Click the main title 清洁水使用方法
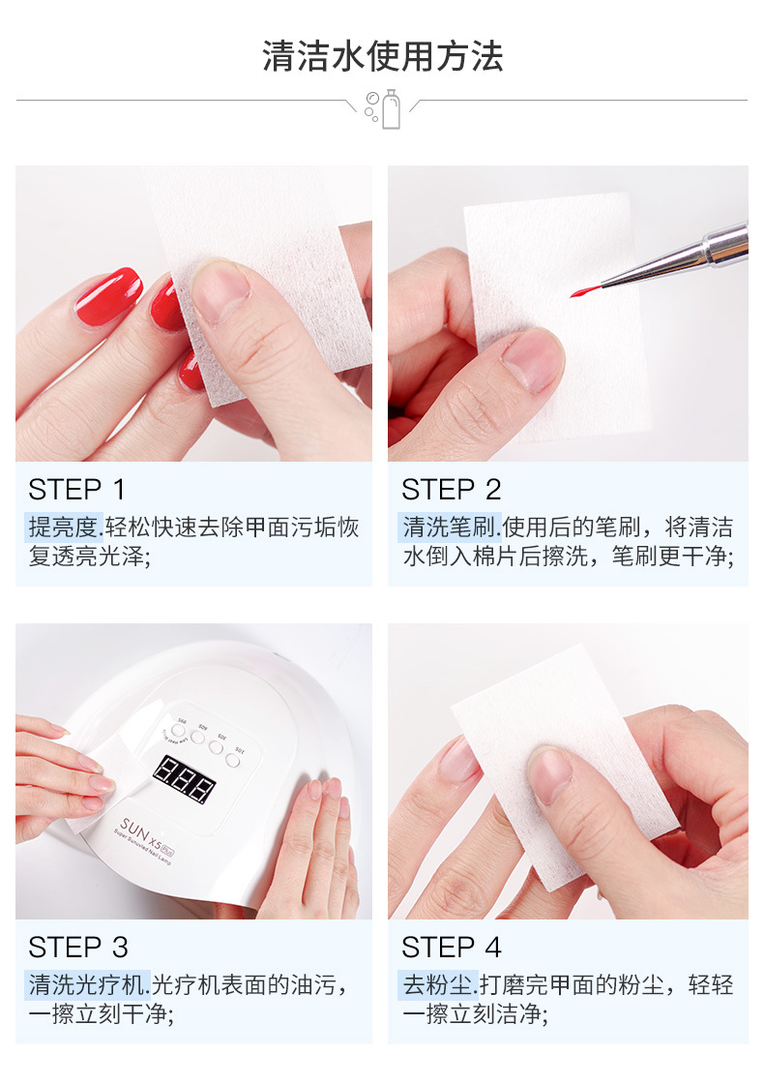point(382,56)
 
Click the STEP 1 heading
point(76,490)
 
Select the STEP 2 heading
point(451,490)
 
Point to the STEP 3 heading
point(78,948)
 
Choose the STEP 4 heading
point(451,948)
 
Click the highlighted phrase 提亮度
point(64,527)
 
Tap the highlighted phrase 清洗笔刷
point(450,527)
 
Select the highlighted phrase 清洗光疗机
point(87,984)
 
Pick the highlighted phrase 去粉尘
point(438,984)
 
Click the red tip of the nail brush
point(584,290)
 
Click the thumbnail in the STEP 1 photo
point(220,290)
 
